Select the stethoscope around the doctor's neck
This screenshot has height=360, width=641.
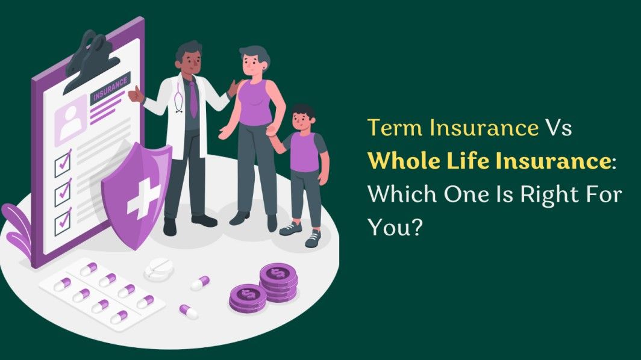pos(179,99)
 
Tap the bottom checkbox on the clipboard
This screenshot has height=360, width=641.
pos(63,223)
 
